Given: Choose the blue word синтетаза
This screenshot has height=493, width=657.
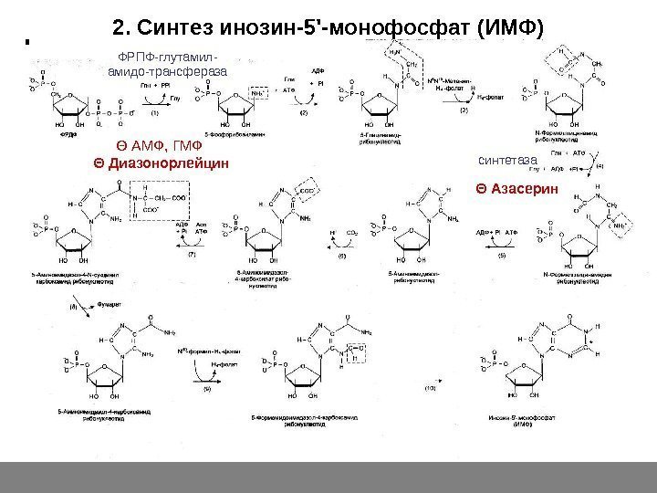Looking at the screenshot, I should point(509,160).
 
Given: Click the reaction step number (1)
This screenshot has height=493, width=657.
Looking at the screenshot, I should point(155,113).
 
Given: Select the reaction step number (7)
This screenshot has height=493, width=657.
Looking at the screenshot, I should point(192,255).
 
